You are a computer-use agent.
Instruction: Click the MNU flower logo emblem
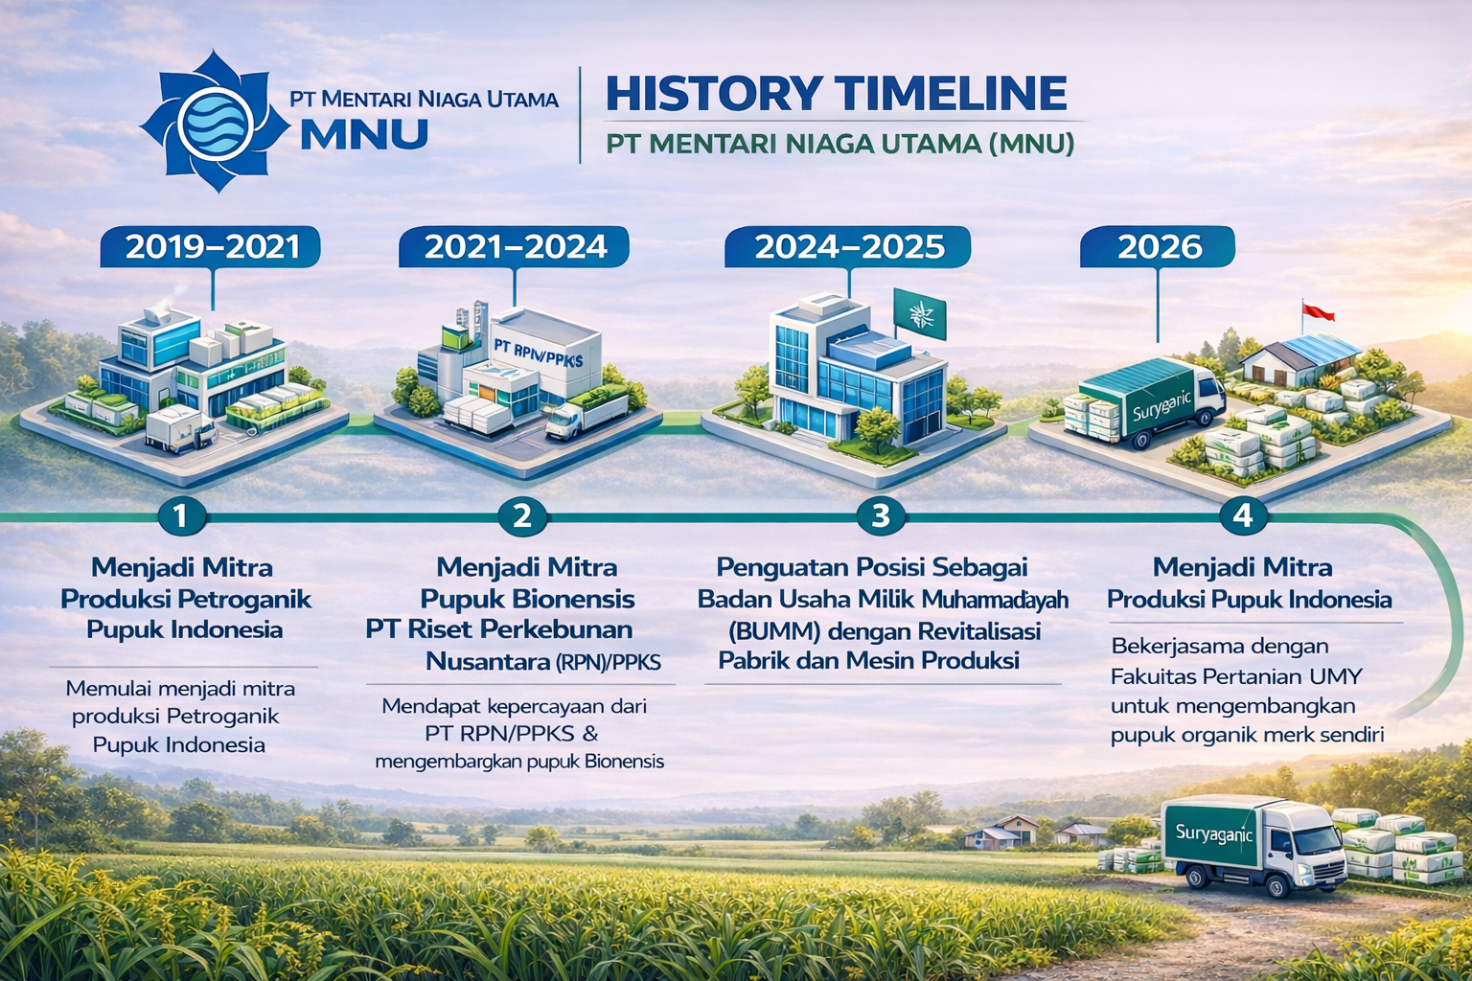pyautogui.click(x=216, y=122)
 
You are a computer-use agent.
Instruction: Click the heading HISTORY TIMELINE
pyautogui.click(x=836, y=93)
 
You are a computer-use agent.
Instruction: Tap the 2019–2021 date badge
pyautogui.click(x=211, y=247)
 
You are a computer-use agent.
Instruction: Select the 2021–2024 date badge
pyautogui.click(x=515, y=247)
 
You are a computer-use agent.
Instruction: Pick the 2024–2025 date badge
pyautogui.click(x=848, y=247)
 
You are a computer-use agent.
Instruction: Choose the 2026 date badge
pyautogui.click(x=1159, y=247)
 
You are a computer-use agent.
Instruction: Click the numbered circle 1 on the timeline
pyautogui.click(x=182, y=516)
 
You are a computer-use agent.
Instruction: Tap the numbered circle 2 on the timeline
pyautogui.click(x=522, y=516)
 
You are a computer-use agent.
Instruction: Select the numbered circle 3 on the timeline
pyautogui.click(x=881, y=516)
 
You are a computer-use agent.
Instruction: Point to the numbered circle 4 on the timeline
pyautogui.click(x=1243, y=516)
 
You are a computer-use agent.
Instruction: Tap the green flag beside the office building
pyautogui.click(x=919, y=314)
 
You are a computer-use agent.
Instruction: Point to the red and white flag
pyautogui.click(x=1319, y=312)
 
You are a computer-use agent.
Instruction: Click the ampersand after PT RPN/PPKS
pyautogui.click(x=589, y=733)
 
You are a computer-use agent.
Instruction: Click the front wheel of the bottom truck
pyautogui.click(x=1277, y=884)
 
